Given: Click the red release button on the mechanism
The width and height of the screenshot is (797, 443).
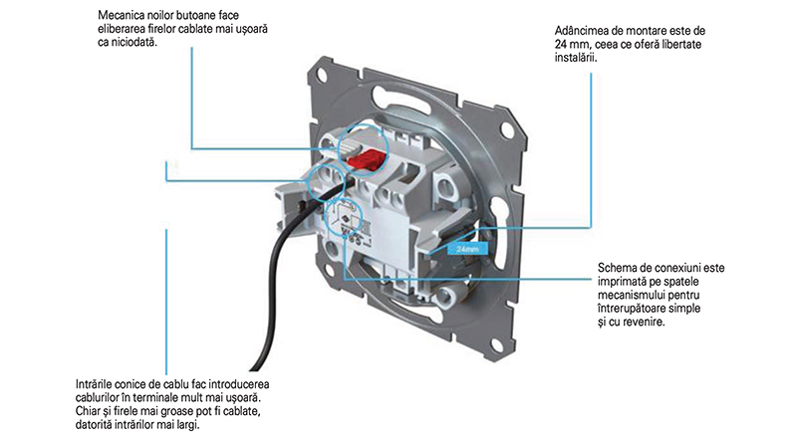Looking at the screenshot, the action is click(365, 159).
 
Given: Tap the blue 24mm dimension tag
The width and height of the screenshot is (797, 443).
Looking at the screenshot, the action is click(467, 249).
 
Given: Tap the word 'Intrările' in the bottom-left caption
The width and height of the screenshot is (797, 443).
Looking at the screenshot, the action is click(96, 384).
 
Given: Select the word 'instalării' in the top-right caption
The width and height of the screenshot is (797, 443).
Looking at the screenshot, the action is click(576, 58).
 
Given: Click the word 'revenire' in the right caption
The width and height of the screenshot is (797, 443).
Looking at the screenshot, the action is click(645, 323).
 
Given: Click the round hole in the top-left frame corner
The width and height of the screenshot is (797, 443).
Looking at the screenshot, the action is click(321, 76).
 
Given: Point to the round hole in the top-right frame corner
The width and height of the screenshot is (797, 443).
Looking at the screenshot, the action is click(506, 127).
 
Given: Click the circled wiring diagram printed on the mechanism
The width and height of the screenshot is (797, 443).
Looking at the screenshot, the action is click(343, 217).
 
